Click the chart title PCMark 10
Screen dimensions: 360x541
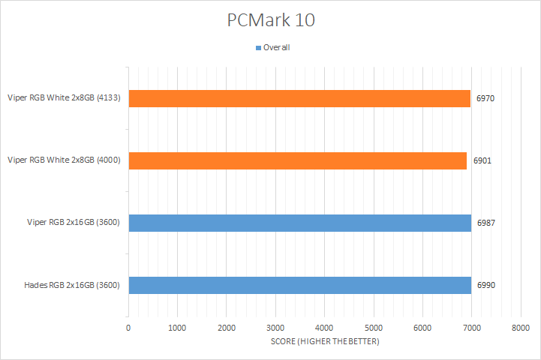270,20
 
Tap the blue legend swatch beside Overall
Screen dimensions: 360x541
258,48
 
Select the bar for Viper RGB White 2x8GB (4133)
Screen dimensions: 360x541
299,97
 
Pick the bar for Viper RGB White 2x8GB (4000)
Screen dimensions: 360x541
297,160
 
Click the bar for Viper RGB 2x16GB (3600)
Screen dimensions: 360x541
299,223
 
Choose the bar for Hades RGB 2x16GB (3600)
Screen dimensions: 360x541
299,285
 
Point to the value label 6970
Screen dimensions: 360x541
485,97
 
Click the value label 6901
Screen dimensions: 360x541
482,160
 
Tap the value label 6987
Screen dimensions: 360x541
485,223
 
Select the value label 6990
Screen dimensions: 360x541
485,285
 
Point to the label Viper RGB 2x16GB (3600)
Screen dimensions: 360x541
64,223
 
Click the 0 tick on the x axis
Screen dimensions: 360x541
128,328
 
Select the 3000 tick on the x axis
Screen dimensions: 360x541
275,328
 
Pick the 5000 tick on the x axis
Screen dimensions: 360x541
373,328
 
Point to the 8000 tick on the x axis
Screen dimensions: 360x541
520,328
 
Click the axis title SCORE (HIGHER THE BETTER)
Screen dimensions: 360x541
324,342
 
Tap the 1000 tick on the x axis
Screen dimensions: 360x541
177,328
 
